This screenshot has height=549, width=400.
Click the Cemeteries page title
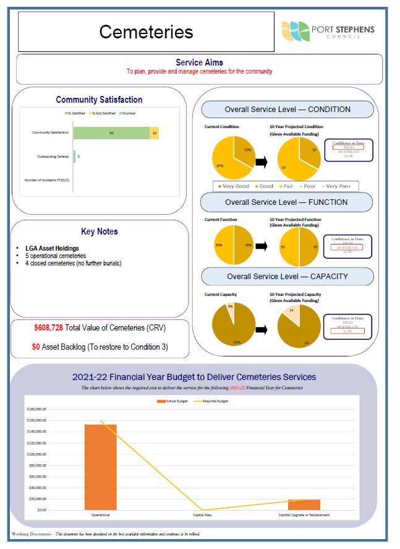(146, 32)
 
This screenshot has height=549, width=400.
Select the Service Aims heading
(199, 63)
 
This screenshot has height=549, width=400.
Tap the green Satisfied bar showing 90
(111, 133)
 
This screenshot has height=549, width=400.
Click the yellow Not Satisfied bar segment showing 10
(154, 133)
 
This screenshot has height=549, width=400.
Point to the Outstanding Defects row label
(52, 157)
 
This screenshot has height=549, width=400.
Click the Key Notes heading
(99, 231)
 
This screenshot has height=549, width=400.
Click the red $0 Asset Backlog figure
(36, 347)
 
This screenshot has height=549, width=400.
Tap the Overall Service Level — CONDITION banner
(287, 110)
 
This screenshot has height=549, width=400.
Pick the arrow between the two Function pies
(261, 246)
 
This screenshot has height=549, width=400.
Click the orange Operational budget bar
(101, 467)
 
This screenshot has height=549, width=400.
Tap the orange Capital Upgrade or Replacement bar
(304, 504)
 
